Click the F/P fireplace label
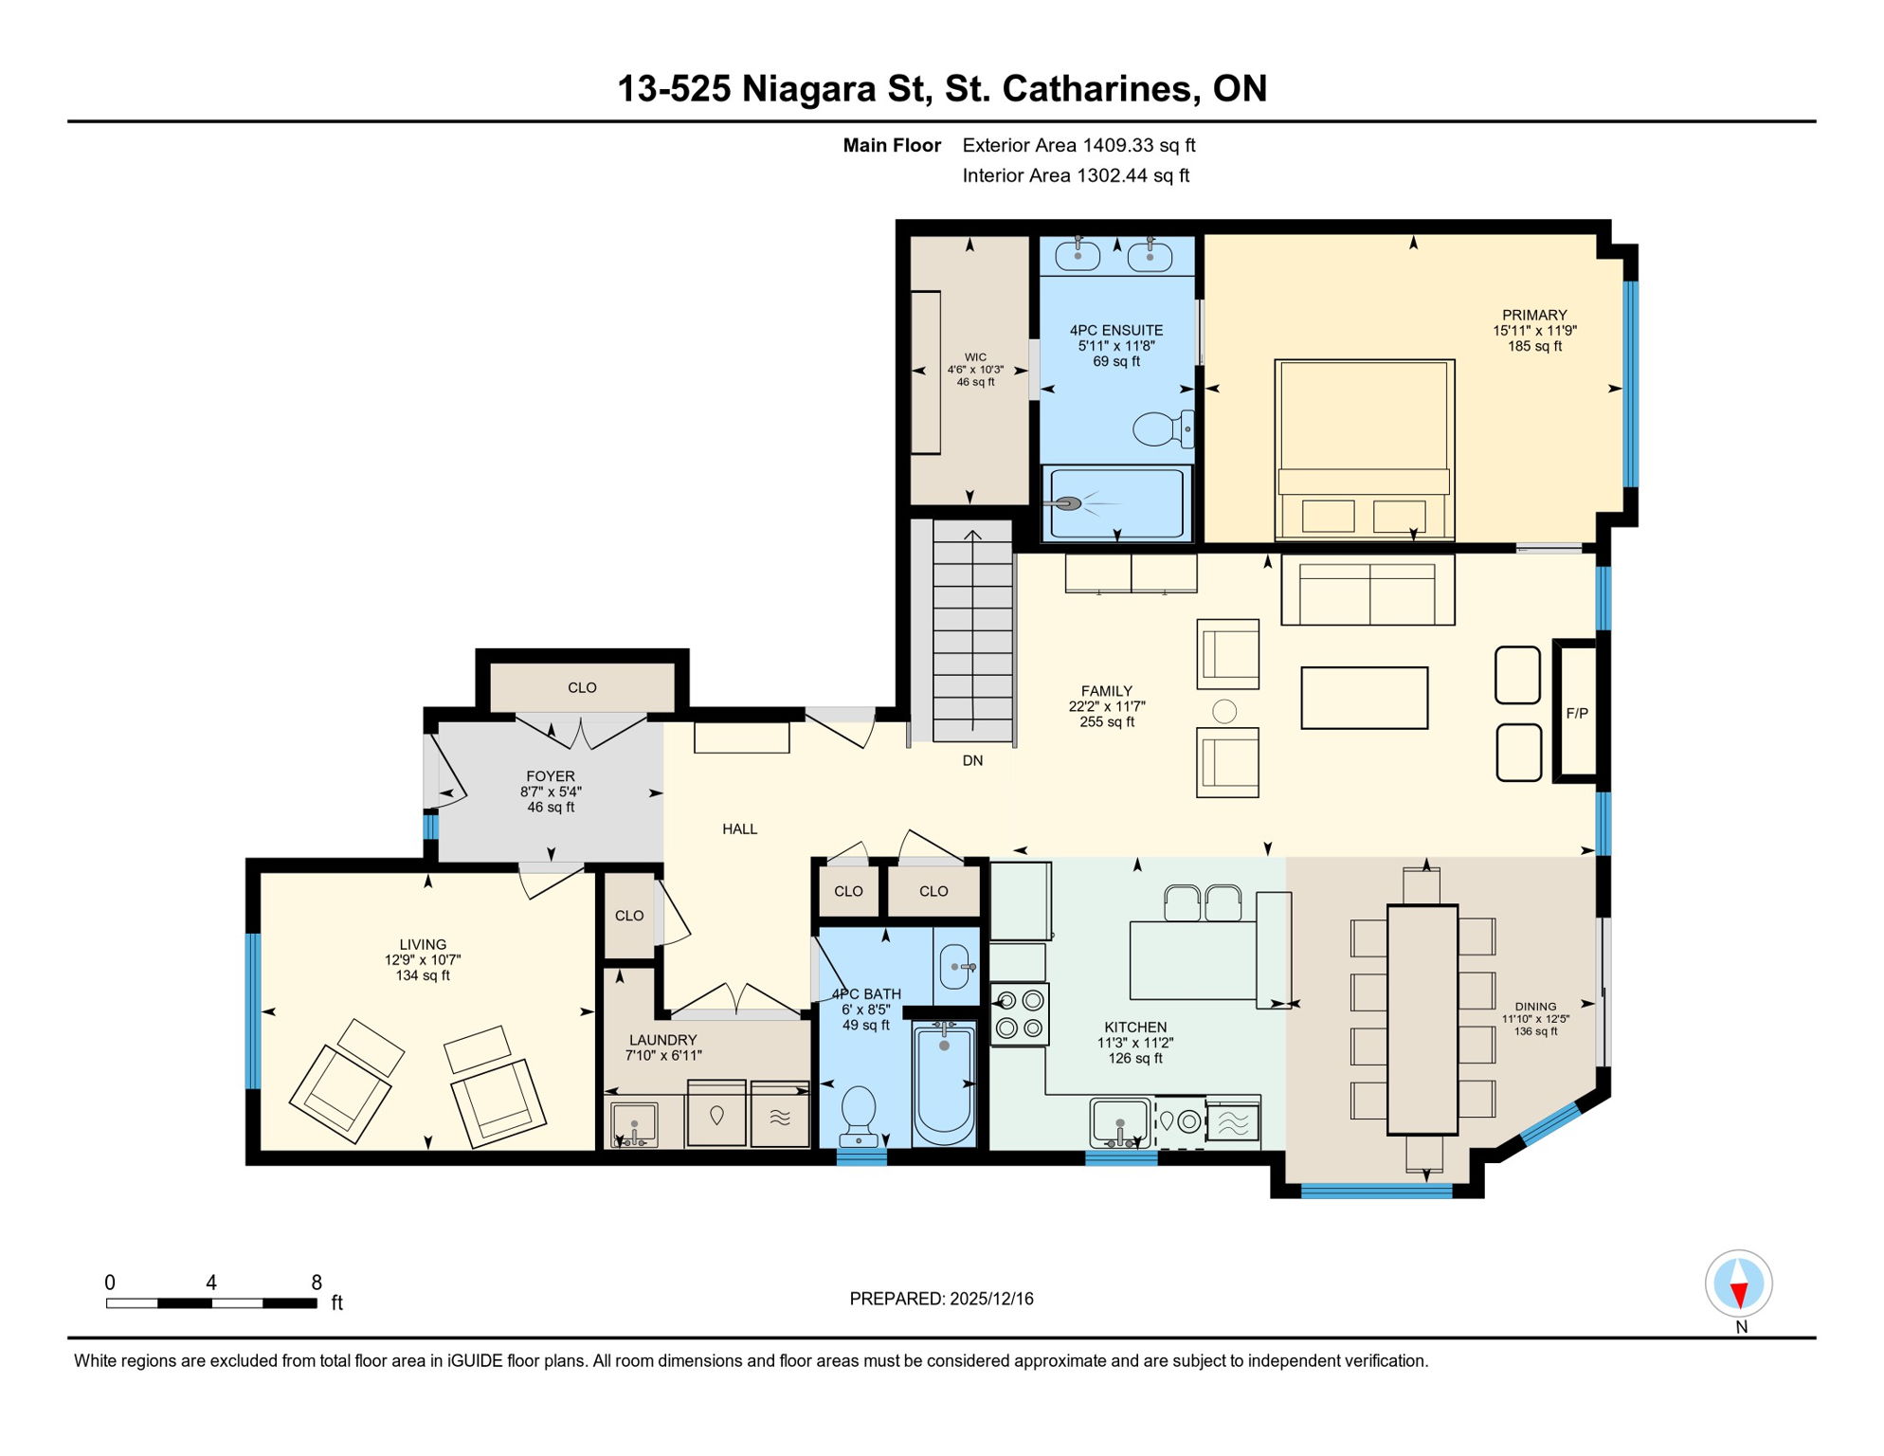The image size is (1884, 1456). (x=1576, y=713)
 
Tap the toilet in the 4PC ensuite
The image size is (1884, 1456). (x=1160, y=428)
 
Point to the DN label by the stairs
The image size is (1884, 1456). (x=972, y=760)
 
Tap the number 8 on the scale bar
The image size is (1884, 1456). (x=317, y=1283)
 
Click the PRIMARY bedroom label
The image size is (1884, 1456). (x=1533, y=315)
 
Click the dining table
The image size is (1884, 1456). (x=1422, y=1019)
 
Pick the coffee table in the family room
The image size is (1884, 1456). (x=1364, y=698)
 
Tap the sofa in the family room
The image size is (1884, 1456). (x=1367, y=591)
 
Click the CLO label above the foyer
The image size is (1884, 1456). (x=582, y=687)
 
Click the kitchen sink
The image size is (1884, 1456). (x=1119, y=1122)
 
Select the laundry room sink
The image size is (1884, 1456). (x=633, y=1125)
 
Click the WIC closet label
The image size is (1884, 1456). (x=975, y=357)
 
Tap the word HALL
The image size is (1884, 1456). (x=739, y=828)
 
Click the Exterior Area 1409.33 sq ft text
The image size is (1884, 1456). (x=1078, y=145)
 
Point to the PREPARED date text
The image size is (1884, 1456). (x=941, y=1299)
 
